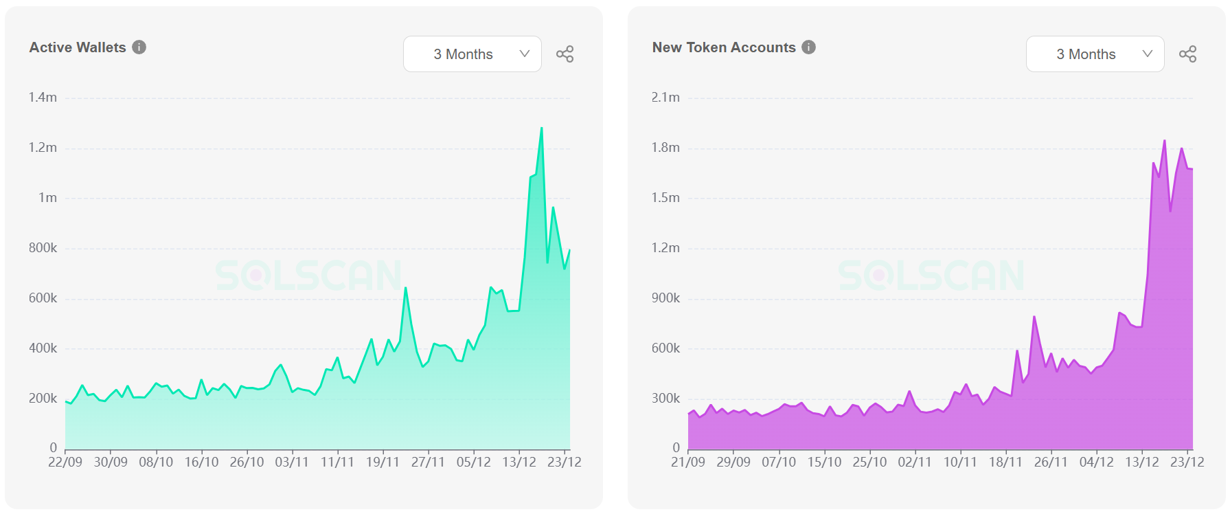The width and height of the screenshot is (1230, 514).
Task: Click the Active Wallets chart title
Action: coord(78,47)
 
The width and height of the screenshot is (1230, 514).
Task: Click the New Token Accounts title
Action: coord(724,47)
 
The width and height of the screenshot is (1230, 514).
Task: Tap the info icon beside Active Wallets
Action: coord(139,47)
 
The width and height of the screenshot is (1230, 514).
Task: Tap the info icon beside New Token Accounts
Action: coord(809,47)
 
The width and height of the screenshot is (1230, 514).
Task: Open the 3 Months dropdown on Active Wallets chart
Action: coord(472,54)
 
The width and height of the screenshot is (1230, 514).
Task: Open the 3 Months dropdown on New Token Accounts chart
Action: coord(1095,54)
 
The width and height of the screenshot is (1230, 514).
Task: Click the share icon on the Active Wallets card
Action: coord(565,54)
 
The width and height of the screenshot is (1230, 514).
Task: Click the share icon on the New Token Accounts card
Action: coord(1187,54)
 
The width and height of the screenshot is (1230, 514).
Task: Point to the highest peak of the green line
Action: coord(542,128)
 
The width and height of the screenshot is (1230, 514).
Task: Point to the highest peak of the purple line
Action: coord(1165,141)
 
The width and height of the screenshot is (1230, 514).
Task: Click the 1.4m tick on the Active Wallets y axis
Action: coord(43,98)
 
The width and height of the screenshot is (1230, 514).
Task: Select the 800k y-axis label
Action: coord(43,248)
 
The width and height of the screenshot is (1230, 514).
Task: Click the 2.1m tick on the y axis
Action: coord(665,98)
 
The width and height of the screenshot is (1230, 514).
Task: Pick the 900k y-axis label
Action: coord(665,298)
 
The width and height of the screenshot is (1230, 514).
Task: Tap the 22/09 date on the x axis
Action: coord(65,462)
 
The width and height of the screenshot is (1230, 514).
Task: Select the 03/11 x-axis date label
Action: coord(292,462)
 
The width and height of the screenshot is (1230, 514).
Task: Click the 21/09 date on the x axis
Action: coord(688,462)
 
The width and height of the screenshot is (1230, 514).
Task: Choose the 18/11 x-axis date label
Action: coord(1005,462)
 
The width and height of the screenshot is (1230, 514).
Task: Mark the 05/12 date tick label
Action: coord(474,462)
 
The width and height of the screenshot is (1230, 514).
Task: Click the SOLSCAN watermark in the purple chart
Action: coord(931,276)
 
